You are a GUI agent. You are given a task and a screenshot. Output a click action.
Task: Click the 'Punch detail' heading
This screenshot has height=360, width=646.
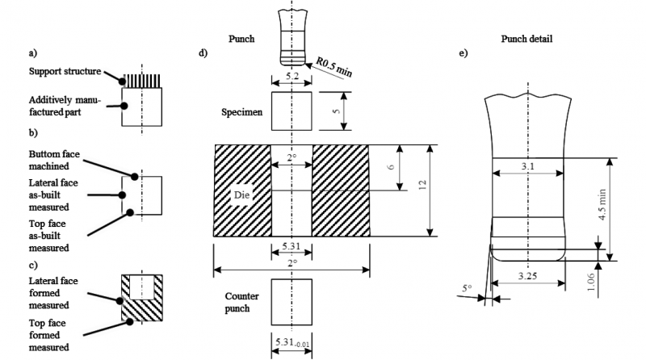coord(527,39)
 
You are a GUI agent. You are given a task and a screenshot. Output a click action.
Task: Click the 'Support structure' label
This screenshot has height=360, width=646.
coord(64,71)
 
